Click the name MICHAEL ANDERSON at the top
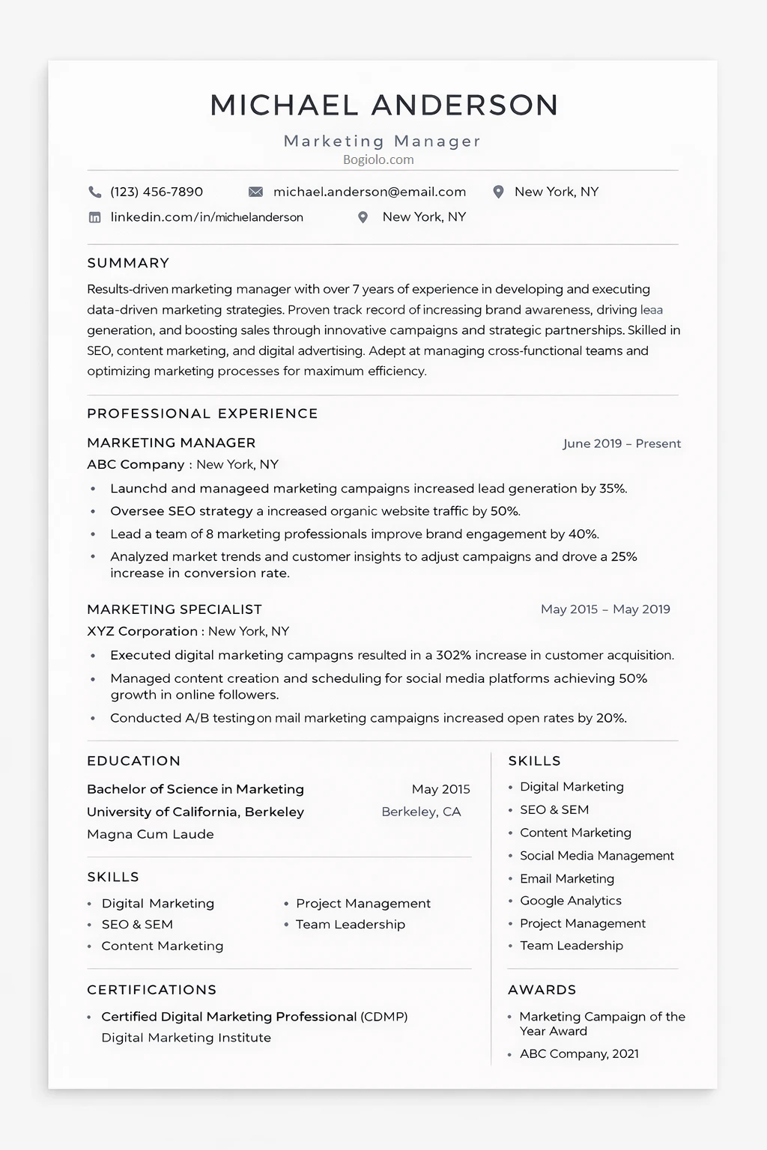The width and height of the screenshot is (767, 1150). coord(383,106)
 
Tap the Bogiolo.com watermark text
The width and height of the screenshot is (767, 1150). coord(378,159)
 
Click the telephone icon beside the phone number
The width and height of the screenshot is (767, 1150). coord(95,192)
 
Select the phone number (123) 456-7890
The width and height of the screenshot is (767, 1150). coord(157,192)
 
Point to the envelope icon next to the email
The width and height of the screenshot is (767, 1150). coord(255,192)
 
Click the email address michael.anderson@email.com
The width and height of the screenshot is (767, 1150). coord(369,192)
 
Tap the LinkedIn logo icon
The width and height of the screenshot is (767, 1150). coord(95,218)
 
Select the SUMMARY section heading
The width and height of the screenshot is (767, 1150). coord(128,263)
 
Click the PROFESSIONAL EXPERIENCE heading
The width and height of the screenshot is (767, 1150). coord(202,413)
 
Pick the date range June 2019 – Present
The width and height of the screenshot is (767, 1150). coord(622,443)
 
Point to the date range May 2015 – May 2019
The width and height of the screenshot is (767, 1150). coord(605,609)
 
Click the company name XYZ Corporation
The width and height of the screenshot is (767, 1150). coord(142,631)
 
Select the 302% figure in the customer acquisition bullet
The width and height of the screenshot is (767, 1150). coord(453,655)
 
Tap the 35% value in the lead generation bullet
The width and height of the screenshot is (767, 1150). coord(612,489)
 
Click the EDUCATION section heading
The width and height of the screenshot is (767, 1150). coord(133,761)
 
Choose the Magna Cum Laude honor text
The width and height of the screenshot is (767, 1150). coord(151,834)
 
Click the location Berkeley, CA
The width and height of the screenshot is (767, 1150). coord(421,812)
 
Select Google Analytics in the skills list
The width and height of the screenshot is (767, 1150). coord(571,901)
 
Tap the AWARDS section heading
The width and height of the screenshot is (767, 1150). coord(542,990)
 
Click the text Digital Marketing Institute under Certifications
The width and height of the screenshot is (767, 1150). coord(186,1038)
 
